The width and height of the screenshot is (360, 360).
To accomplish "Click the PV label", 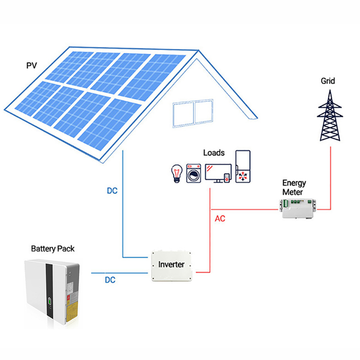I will [31, 64].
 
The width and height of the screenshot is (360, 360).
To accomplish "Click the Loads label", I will [214, 153].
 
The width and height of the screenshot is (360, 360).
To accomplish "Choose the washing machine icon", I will [194, 172].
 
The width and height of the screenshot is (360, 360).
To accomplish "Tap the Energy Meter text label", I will [294, 188].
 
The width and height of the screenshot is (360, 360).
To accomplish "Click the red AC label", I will [220, 218].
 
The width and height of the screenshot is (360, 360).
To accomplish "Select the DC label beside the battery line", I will [110, 280].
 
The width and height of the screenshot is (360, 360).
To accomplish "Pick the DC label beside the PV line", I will [112, 191].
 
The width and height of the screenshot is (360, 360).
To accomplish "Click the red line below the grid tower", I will [331, 178].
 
